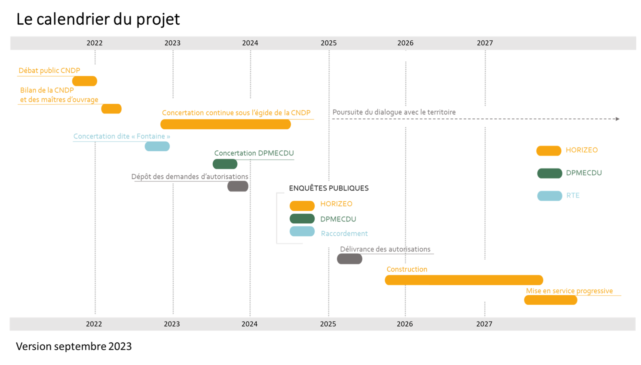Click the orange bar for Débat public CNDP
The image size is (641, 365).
84,81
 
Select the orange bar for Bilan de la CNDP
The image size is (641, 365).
111,109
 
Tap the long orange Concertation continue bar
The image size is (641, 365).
225,124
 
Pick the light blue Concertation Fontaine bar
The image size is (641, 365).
157,146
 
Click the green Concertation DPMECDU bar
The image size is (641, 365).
225,164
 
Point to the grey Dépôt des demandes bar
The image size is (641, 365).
238,186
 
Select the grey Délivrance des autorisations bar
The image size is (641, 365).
350,259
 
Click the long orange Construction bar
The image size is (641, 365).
464,280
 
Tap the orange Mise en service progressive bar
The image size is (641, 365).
551,300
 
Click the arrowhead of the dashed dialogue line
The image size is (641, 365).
618,119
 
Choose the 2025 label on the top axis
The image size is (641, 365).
329,43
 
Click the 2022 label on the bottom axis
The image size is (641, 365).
94,324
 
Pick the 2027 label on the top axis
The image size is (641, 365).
485,43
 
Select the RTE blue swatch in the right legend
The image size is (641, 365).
550,196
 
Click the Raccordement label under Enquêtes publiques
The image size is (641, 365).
344,234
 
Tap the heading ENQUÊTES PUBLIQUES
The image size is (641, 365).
329,188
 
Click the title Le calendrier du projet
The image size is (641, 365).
98,19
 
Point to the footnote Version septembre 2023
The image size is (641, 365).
74,346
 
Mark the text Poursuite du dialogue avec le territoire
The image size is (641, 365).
394,112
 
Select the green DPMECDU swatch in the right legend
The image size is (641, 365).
550,173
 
